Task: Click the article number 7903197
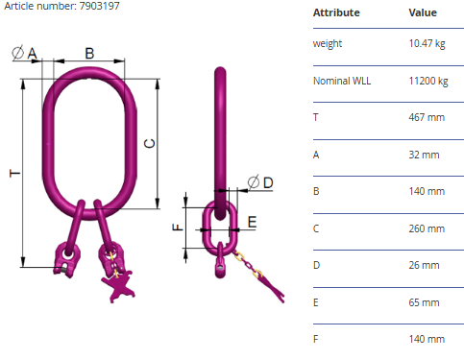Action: click(x=99, y=6)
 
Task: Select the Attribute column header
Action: click(x=336, y=12)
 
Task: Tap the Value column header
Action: click(x=423, y=12)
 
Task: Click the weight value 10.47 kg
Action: click(x=427, y=43)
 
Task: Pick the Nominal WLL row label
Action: click(x=342, y=81)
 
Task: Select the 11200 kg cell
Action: click(x=428, y=81)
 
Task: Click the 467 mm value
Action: click(x=427, y=117)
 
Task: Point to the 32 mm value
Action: click(x=424, y=155)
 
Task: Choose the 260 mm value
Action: click(x=427, y=228)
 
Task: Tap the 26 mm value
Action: click(x=424, y=265)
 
